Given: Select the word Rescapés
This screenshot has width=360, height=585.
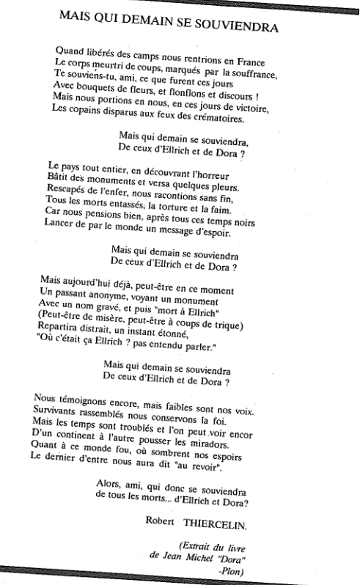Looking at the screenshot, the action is tap(71, 200).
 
